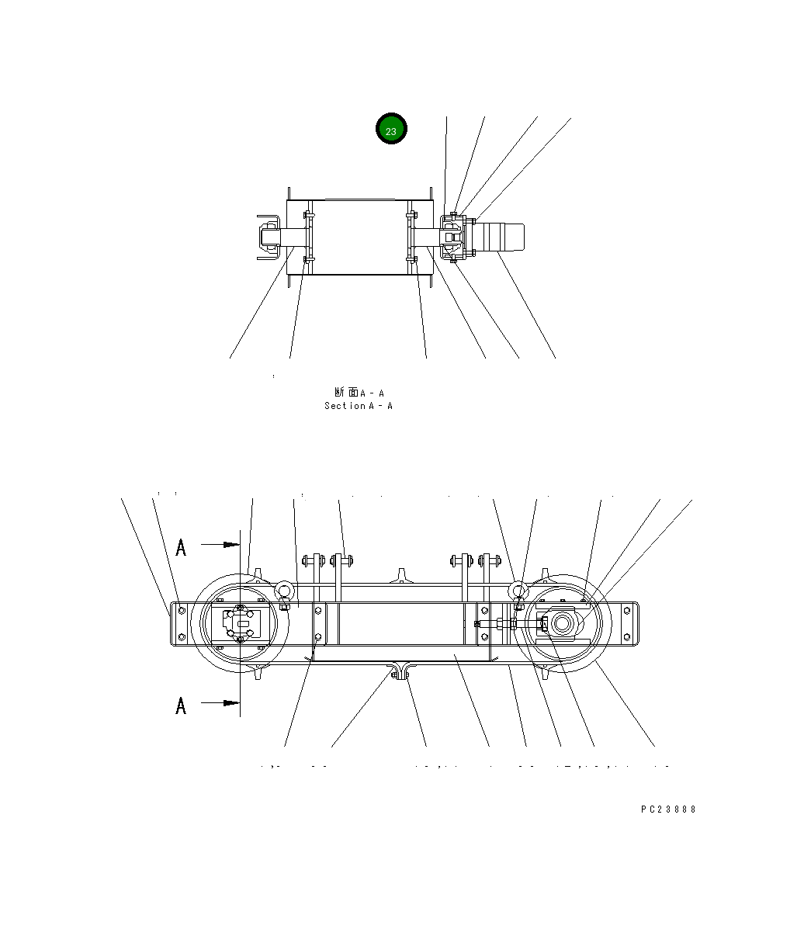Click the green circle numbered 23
click(391, 130)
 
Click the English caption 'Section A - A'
click(359, 406)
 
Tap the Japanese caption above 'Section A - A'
click(359, 393)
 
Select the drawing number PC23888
click(668, 809)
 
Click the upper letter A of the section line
click(181, 547)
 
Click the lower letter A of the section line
click(181, 705)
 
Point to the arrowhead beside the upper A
click(231, 545)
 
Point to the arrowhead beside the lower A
click(231, 703)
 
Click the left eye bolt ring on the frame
click(283, 592)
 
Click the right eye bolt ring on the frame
click(518, 592)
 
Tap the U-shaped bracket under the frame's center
click(400, 671)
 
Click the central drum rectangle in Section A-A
click(358, 236)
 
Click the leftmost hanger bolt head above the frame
click(308, 559)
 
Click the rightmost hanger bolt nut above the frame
click(495, 559)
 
